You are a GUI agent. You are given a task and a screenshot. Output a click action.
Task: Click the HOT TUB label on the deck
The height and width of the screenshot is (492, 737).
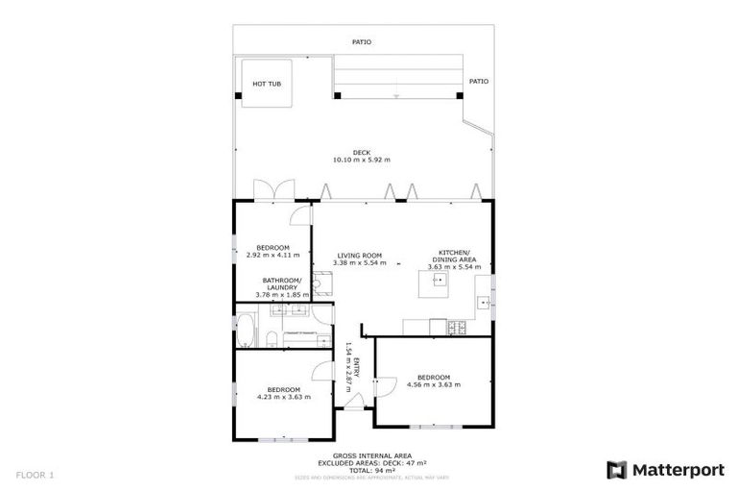[x=267, y=84]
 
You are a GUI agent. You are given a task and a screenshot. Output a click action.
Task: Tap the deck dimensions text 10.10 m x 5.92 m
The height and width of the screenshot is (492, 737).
[x=361, y=160]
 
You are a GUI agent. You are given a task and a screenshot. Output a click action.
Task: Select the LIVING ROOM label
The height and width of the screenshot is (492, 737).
[x=361, y=256]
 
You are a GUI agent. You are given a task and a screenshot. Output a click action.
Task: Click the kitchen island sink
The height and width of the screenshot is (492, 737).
[x=439, y=280]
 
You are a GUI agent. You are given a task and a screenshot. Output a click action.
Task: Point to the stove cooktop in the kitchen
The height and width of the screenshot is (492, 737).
[x=457, y=328]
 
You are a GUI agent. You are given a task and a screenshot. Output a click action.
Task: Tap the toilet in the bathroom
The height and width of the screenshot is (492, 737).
[x=272, y=337]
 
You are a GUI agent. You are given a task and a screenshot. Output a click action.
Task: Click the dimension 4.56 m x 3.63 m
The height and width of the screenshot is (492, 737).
[x=434, y=384]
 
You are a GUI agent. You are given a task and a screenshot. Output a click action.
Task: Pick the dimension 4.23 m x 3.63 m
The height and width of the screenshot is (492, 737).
[x=284, y=396]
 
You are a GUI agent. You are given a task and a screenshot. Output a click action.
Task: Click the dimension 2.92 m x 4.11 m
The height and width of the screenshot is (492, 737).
[x=273, y=256]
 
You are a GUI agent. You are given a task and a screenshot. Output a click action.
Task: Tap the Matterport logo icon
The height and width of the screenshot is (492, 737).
[x=616, y=470]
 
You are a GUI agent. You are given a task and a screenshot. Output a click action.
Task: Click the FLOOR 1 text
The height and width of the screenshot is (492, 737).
[x=35, y=475]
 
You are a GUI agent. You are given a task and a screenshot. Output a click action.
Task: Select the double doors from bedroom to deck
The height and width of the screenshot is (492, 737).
[x=267, y=190]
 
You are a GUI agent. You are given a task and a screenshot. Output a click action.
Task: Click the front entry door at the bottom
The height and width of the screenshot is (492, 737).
[x=354, y=404]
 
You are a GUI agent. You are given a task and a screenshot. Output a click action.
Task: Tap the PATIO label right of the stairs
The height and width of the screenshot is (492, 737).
[x=478, y=82]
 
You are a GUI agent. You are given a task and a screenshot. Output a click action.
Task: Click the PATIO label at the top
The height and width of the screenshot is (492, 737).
[x=361, y=42]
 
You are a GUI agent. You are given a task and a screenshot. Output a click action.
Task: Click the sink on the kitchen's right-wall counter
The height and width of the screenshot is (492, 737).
[x=485, y=303]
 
